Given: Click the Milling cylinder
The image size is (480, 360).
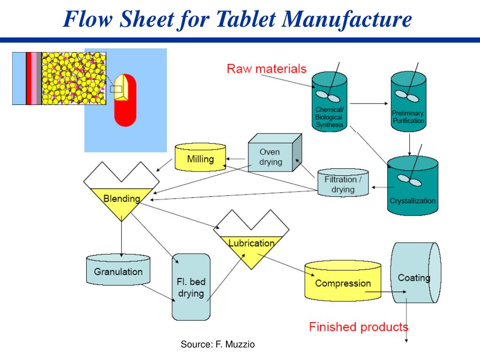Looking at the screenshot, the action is click(x=201, y=157).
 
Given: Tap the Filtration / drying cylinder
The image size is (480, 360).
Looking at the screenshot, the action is click(x=343, y=183).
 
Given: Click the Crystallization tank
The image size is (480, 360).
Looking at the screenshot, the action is click(x=412, y=186).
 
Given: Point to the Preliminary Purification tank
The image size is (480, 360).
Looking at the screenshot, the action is click(x=408, y=102).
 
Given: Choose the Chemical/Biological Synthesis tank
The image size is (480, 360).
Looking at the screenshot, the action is click(x=330, y=102).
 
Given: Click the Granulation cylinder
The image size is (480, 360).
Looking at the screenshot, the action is click(x=118, y=270).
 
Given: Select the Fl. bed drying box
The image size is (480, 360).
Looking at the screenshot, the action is click(x=191, y=287).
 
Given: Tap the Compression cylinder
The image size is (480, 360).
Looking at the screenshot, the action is click(x=343, y=281).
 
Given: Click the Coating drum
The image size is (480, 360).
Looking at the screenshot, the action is click(x=416, y=273).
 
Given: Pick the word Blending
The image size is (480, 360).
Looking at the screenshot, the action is click(x=121, y=198).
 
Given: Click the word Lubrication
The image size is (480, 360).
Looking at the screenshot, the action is click(x=251, y=243).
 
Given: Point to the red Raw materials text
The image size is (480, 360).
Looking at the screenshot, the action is click(x=266, y=68).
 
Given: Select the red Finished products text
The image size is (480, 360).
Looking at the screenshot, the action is click(x=359, y=327).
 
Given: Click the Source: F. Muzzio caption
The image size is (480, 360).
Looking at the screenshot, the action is click(x=217, y=345).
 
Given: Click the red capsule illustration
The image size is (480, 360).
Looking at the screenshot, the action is click(x=125, y=100).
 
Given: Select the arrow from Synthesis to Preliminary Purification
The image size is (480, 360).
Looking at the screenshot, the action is click(x=369, y=104).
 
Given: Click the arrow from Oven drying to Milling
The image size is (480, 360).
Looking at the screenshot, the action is click(x=235, y=159).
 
